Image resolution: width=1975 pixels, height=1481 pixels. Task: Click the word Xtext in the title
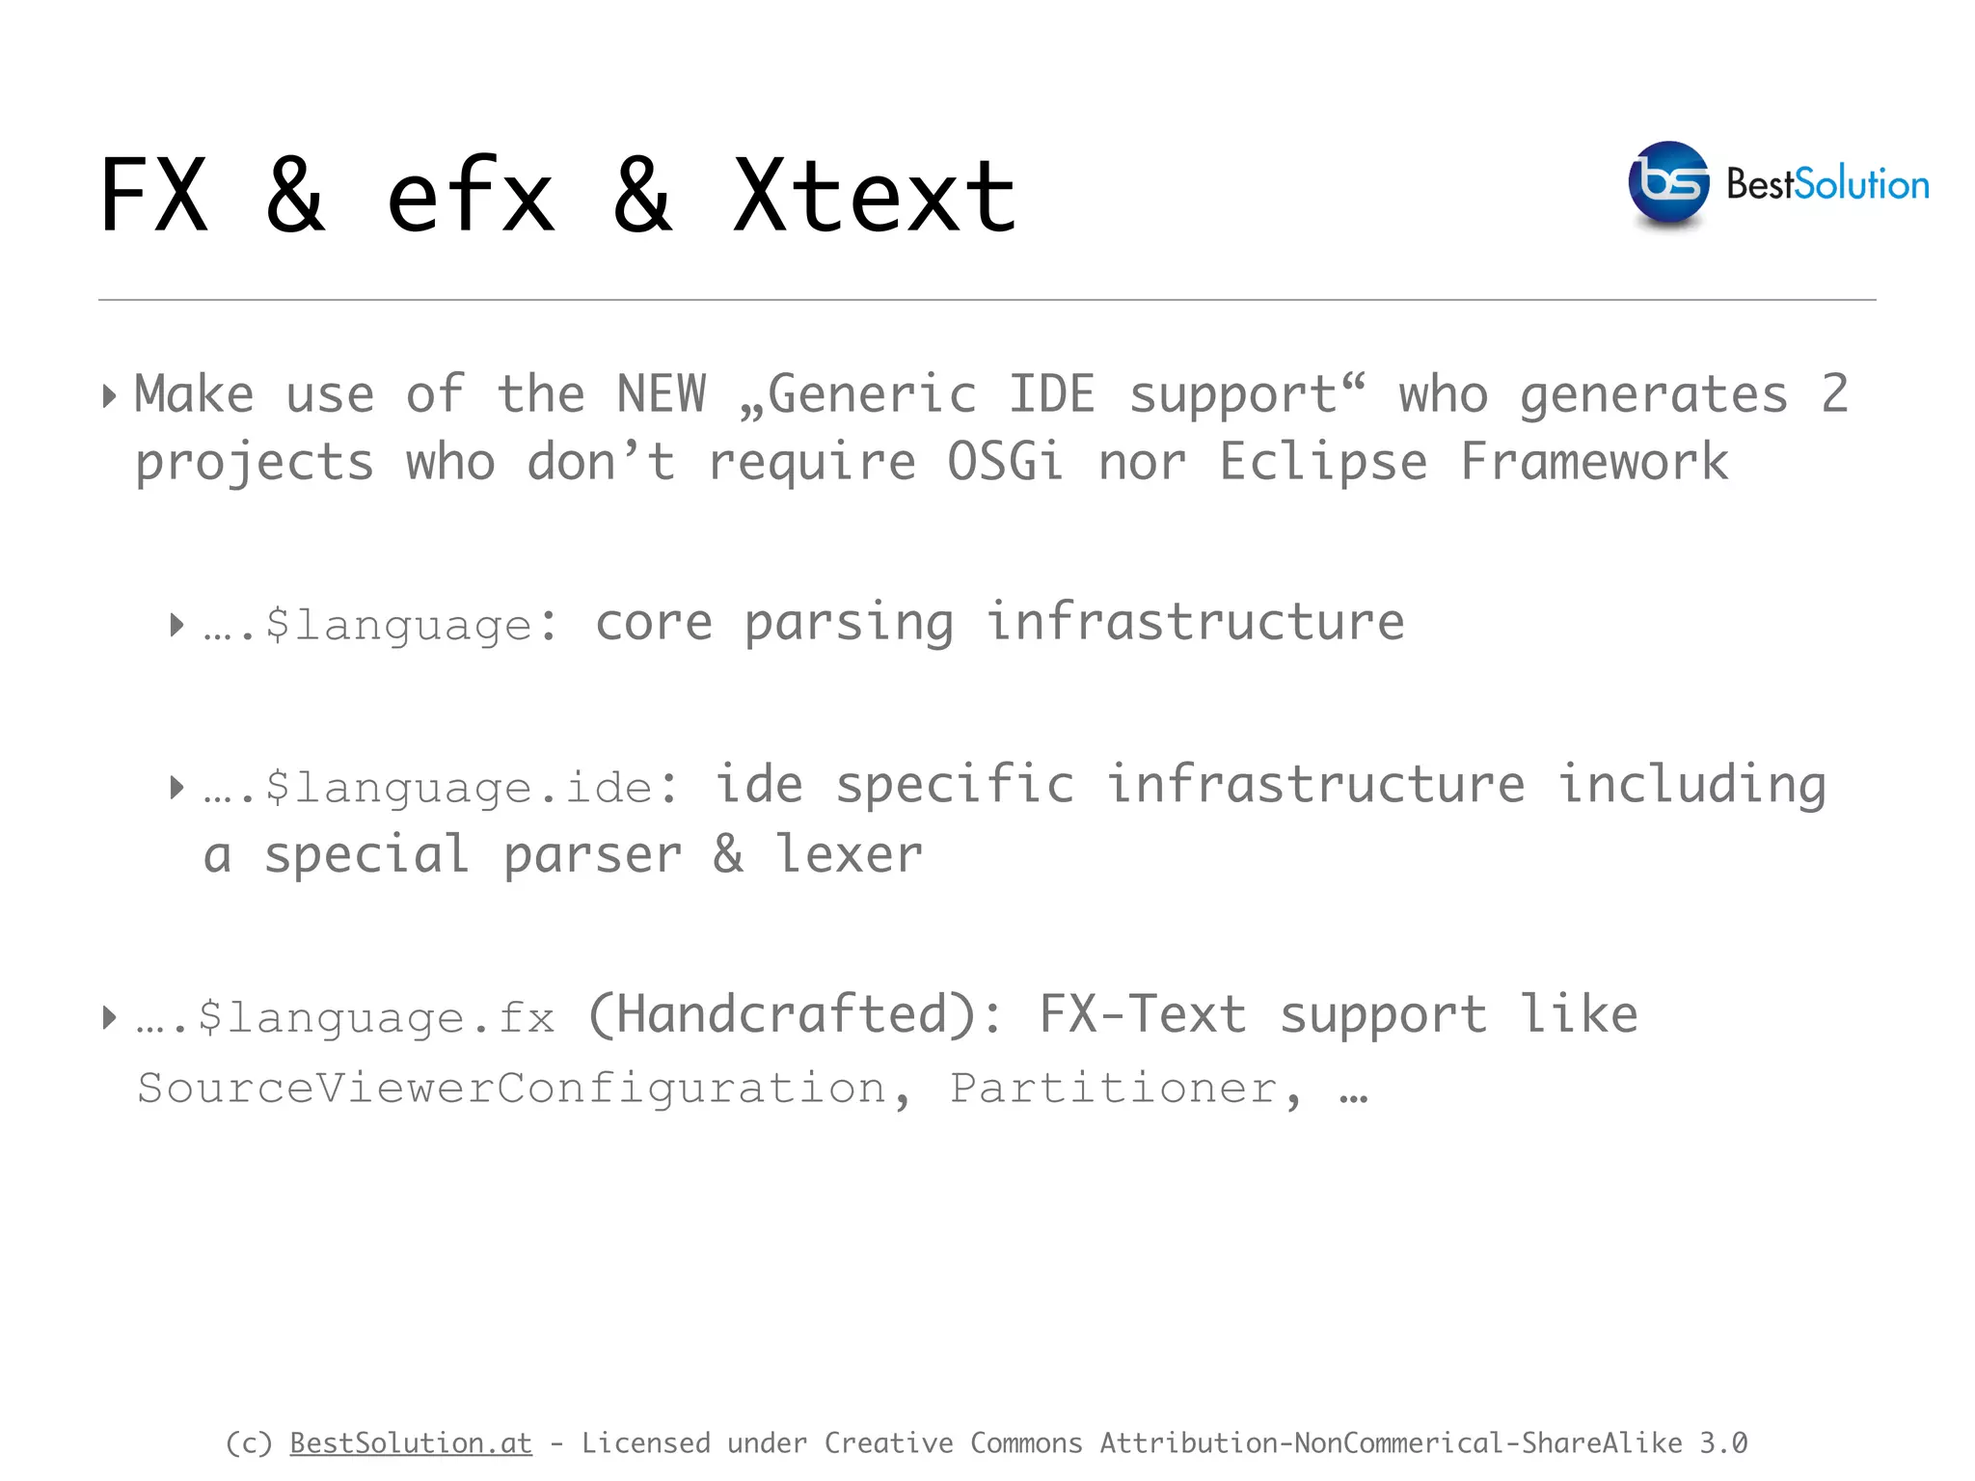pyautogui.click(x=874, y=197)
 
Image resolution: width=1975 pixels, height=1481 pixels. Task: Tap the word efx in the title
pyautogui.click(x=471, y=197)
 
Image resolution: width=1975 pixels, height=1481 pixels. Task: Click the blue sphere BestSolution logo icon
pyautogui.click(x=1668, y=183)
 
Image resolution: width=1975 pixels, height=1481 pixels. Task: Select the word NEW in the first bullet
pyautogui.click(x=662, y=394)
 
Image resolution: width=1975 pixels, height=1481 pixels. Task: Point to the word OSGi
pyautogui.click(x=1005, y=462)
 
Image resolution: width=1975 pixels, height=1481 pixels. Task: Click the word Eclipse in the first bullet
pyautogui.click(x=1323, y=462)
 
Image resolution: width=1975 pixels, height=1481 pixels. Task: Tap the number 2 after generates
pyautogui.click(x=1834, y=394)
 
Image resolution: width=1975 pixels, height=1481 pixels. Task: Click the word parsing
pyautogui.click(x=849, y=623)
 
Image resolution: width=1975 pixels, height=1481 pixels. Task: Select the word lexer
pyautogui.click(x=849, y=854)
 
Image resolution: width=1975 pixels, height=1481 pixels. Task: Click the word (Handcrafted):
pyautogui.click(x=797, y=1015)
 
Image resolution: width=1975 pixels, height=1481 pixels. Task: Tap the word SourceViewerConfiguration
pyautogui.click(x=511, y=1089)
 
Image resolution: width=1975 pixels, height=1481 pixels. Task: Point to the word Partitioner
pyautogui.click(x=1115, y=1089)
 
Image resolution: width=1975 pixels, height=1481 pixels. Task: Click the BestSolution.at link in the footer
pyautogui.click(x=411, y=1443)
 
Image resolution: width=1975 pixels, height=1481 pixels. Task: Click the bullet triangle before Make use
pyautogui.click(x=110, y=395)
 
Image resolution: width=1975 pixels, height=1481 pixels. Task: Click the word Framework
pyautogui.click(x=1593, y=462)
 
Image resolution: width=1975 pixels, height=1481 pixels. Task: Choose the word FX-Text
pyautogui.click(x=1142, y=1015)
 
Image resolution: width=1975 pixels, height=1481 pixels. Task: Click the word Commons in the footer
pyautogui.click(x=1026, y=1443)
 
